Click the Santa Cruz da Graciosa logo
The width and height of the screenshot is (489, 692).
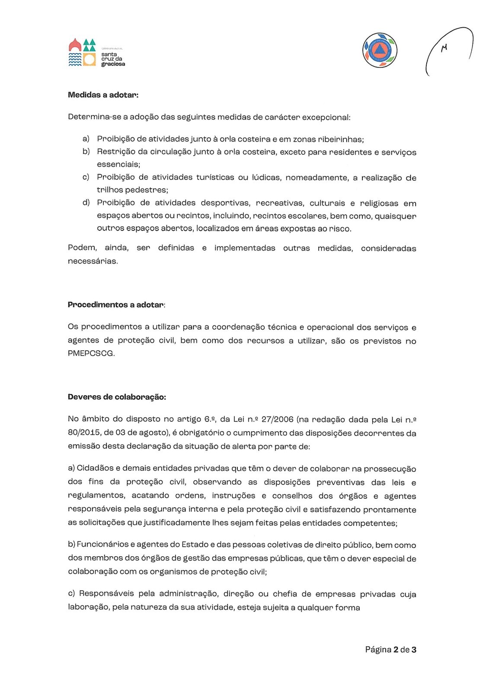pos(96,53)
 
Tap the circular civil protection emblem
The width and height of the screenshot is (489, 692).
pos(380,51)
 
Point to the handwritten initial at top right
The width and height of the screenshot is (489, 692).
pos(444,48)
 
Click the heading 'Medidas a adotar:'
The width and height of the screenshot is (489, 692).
pos(103,95)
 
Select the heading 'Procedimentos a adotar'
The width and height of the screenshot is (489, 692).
pos(116,304)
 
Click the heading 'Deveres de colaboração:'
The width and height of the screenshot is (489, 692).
pos(117,397)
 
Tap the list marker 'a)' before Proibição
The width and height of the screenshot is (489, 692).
pos(86,138)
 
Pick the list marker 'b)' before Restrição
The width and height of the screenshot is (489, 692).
pos(86,151)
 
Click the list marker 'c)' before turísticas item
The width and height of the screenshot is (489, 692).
pos(86,177)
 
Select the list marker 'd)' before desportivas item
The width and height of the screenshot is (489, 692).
pos(86,202)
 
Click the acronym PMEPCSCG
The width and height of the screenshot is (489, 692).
pos(91,353)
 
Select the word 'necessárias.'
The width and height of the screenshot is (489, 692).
pos(93,261)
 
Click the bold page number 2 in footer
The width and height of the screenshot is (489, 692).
pos(396,649)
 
